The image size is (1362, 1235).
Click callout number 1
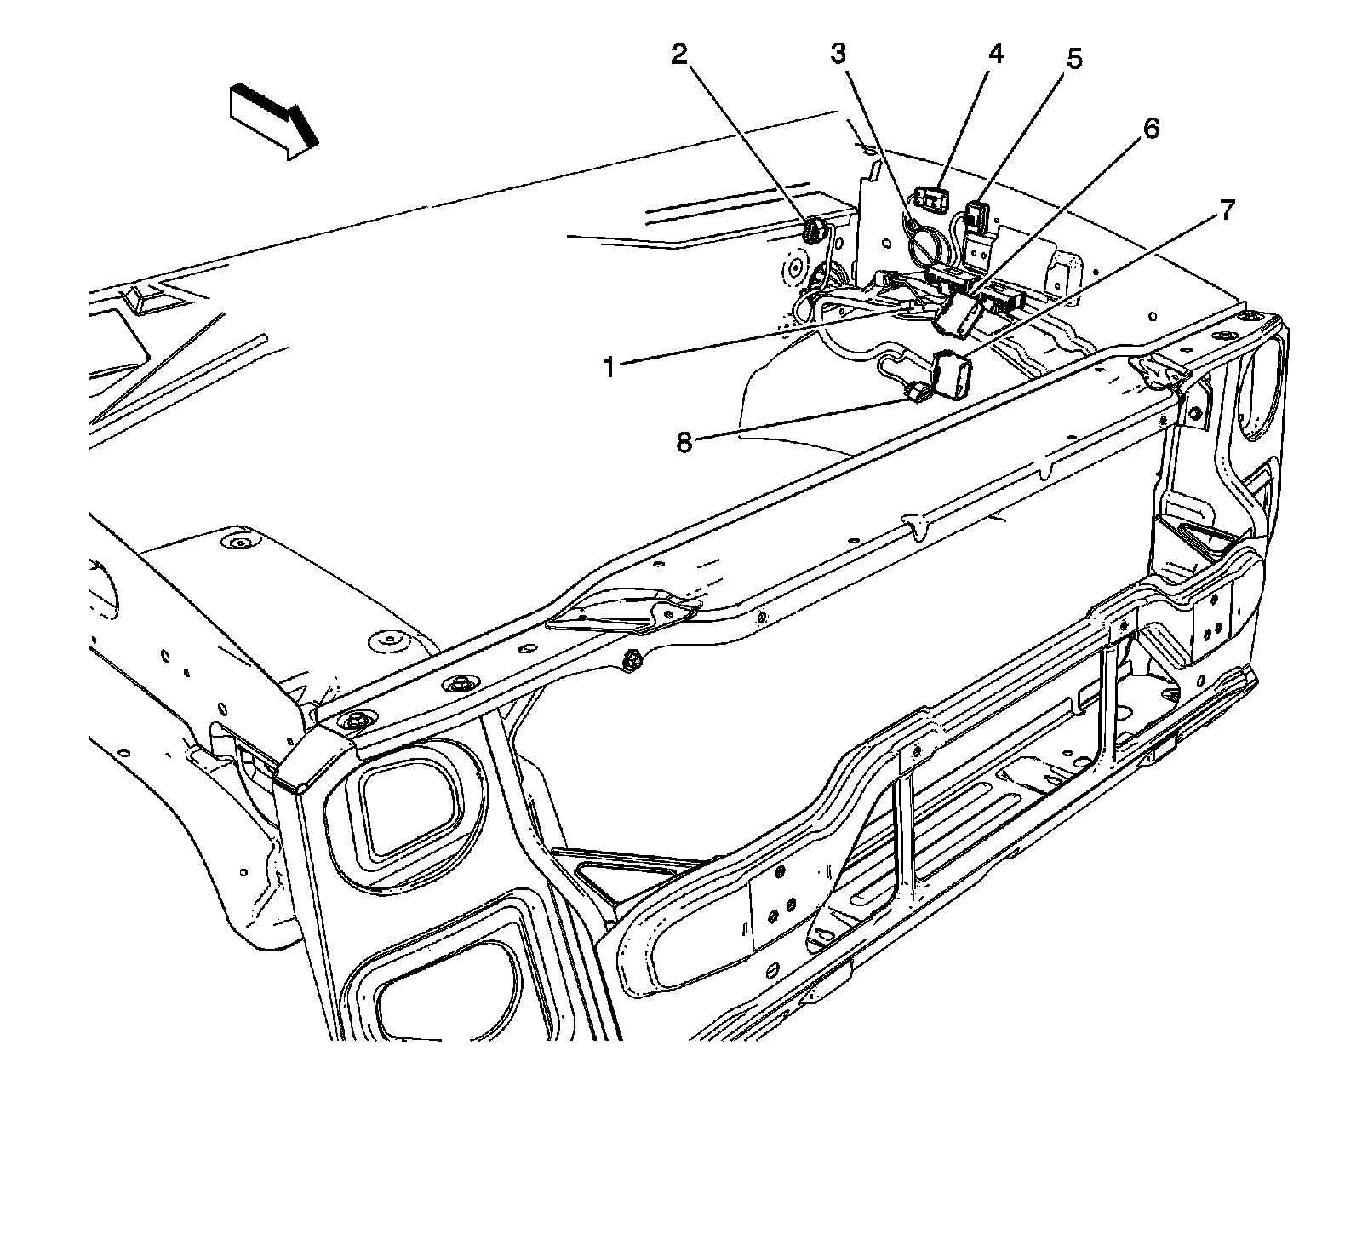(x=609, y=367)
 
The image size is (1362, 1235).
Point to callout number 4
(x=995, y=54)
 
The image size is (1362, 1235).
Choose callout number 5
(x=1074, y=60)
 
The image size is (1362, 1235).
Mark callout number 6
(x=1149, y=129)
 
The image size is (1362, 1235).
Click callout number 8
(x=684, y=443)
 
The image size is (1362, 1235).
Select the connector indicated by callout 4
(x=932, y=201)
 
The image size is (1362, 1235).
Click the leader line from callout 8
(x=800, y=419)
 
